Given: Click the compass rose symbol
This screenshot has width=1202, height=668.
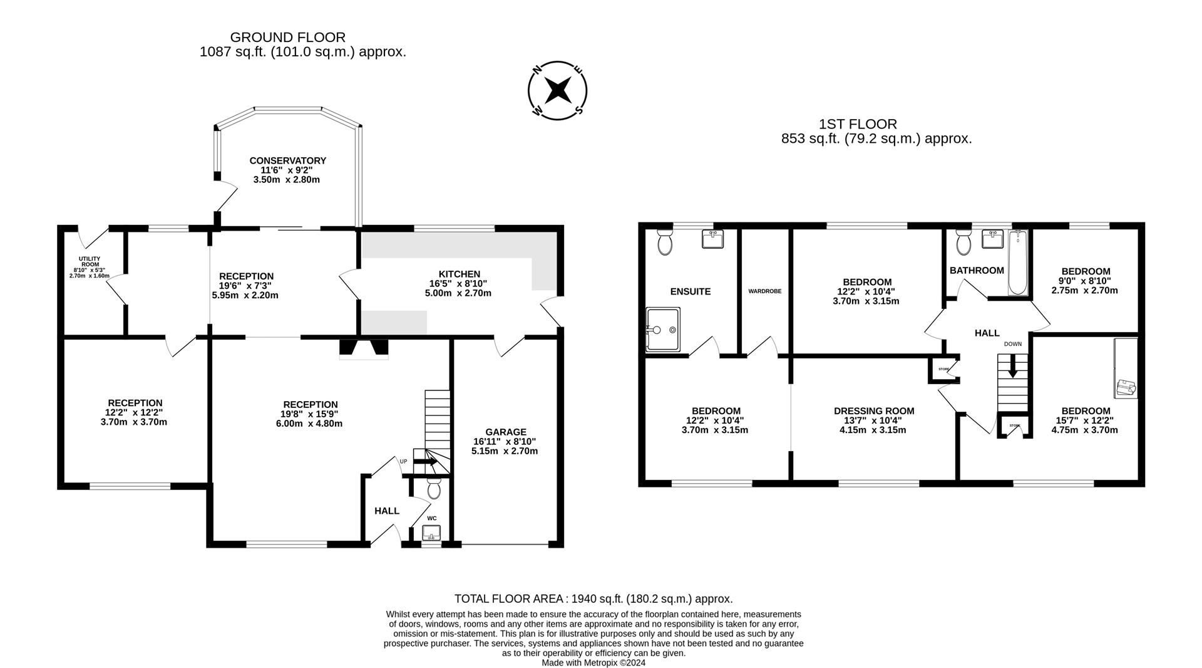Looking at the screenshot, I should click(x=557, y=91).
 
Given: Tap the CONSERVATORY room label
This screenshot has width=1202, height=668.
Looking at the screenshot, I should click(x=287, y=161).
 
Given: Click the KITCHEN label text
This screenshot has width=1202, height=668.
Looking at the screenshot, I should click(x=459, y=274).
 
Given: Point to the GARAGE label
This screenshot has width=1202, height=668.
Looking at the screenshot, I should click(x=506, y=432).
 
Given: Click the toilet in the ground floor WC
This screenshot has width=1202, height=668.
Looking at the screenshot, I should click(x=433, y=488).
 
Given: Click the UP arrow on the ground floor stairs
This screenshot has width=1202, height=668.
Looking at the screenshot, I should click(x=426, y=462).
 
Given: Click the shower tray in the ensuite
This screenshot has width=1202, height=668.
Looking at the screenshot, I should click(x=663, y=329).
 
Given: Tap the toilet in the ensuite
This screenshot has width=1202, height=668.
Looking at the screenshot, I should click(x=665, y=241).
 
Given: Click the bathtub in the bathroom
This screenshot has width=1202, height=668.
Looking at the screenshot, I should click(x=1018, y=261).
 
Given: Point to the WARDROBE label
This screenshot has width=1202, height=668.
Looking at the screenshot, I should click(x=764, y=291).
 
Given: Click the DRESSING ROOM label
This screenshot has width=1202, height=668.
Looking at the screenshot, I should click(x=873, y=411).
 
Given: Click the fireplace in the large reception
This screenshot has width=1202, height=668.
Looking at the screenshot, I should click(x=363, y=349).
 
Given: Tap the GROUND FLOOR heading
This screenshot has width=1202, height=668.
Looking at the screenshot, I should click(x=287, y=38).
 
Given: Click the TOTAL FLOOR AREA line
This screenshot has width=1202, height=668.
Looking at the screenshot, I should click(x=593, y=598).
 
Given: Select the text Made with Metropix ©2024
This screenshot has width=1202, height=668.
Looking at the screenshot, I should click(x=593, y=662).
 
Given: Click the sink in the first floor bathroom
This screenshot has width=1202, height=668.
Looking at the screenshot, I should click(x=993, y=239).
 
